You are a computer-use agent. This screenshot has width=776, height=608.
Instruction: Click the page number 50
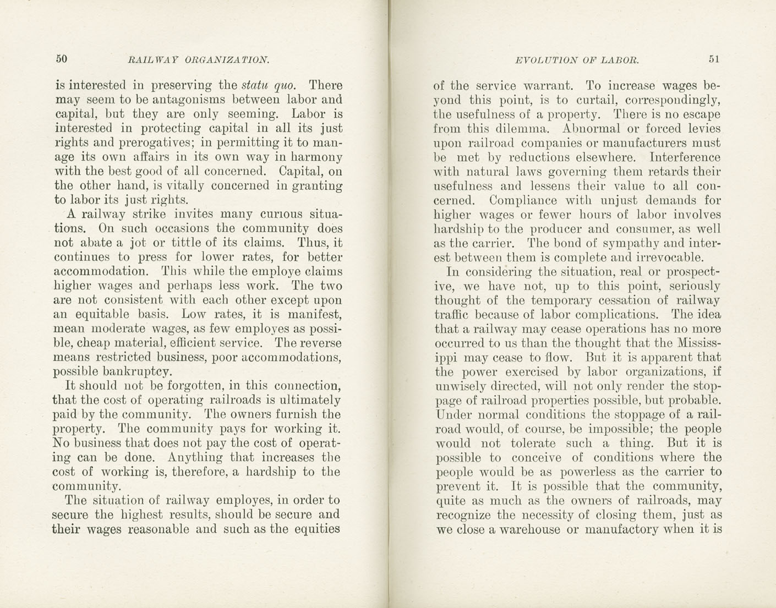61,59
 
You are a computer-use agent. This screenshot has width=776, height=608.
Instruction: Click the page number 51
714,59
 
